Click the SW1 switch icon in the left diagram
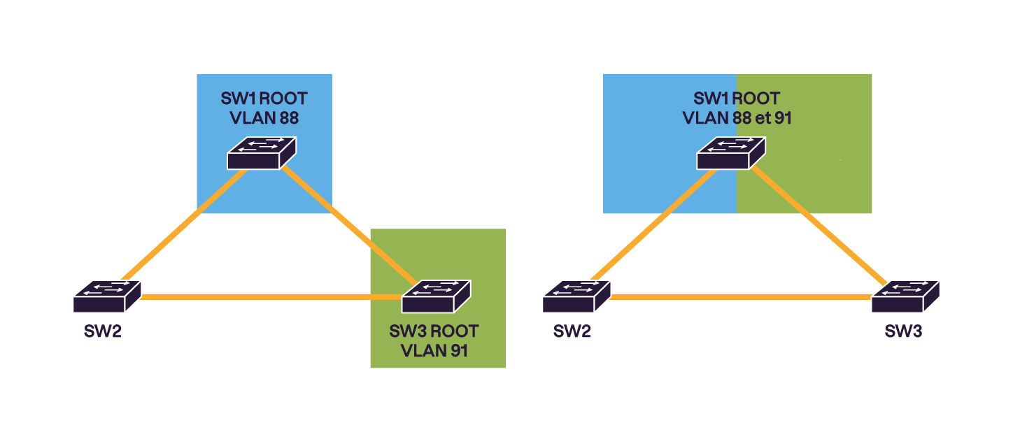coord(262,153)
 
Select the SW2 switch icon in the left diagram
coord(107,296)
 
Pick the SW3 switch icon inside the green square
coord(436,296)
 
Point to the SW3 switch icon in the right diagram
coord(905,296)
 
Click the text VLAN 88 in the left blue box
coord(264,118)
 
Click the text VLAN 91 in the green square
coord(434,350)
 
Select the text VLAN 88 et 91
coord(736,118)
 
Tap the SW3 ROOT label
coord(434,331)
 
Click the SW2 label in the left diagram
coord(103,331)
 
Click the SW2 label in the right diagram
coord(572,331)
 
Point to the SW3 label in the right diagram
coord(902,331)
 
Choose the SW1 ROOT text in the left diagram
coord(264,98)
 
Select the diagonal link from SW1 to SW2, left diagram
coord(183,224)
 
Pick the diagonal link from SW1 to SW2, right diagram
coord(653,224)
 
